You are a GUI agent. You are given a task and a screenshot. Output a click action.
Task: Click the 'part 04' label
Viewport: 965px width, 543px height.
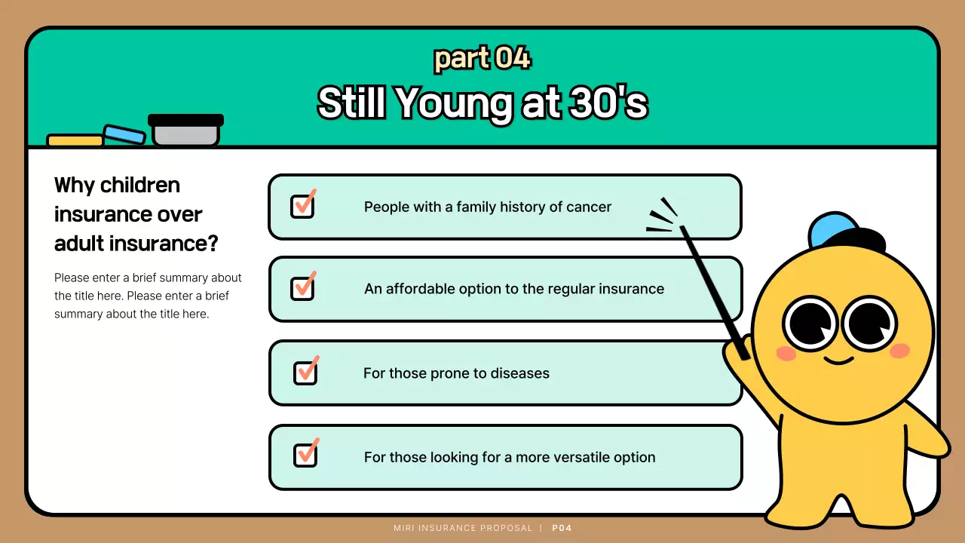click(x=482, y=58)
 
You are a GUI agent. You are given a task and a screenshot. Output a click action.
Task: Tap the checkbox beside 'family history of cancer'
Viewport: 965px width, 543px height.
click(x=302, y=206)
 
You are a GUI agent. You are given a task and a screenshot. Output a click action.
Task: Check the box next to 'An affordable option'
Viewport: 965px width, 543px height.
click(x=302, y=288)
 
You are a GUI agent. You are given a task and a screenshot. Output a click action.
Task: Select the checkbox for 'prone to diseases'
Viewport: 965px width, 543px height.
click(x=305, y=373)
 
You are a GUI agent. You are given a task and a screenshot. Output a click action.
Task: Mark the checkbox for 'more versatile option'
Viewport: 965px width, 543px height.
click(x=305, y=455)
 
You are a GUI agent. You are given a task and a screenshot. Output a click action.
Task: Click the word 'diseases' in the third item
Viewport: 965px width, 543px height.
click(x=519, y=373)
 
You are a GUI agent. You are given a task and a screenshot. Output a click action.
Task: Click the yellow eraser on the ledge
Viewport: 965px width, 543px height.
click(x=75, y=141)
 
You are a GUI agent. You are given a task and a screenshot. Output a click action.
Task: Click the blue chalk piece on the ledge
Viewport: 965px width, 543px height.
click(x=124, y=134)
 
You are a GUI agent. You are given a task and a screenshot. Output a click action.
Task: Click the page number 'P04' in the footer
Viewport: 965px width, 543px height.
click(x=562, y=528)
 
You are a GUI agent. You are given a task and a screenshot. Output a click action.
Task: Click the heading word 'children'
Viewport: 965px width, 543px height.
click(x=139, y=185)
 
